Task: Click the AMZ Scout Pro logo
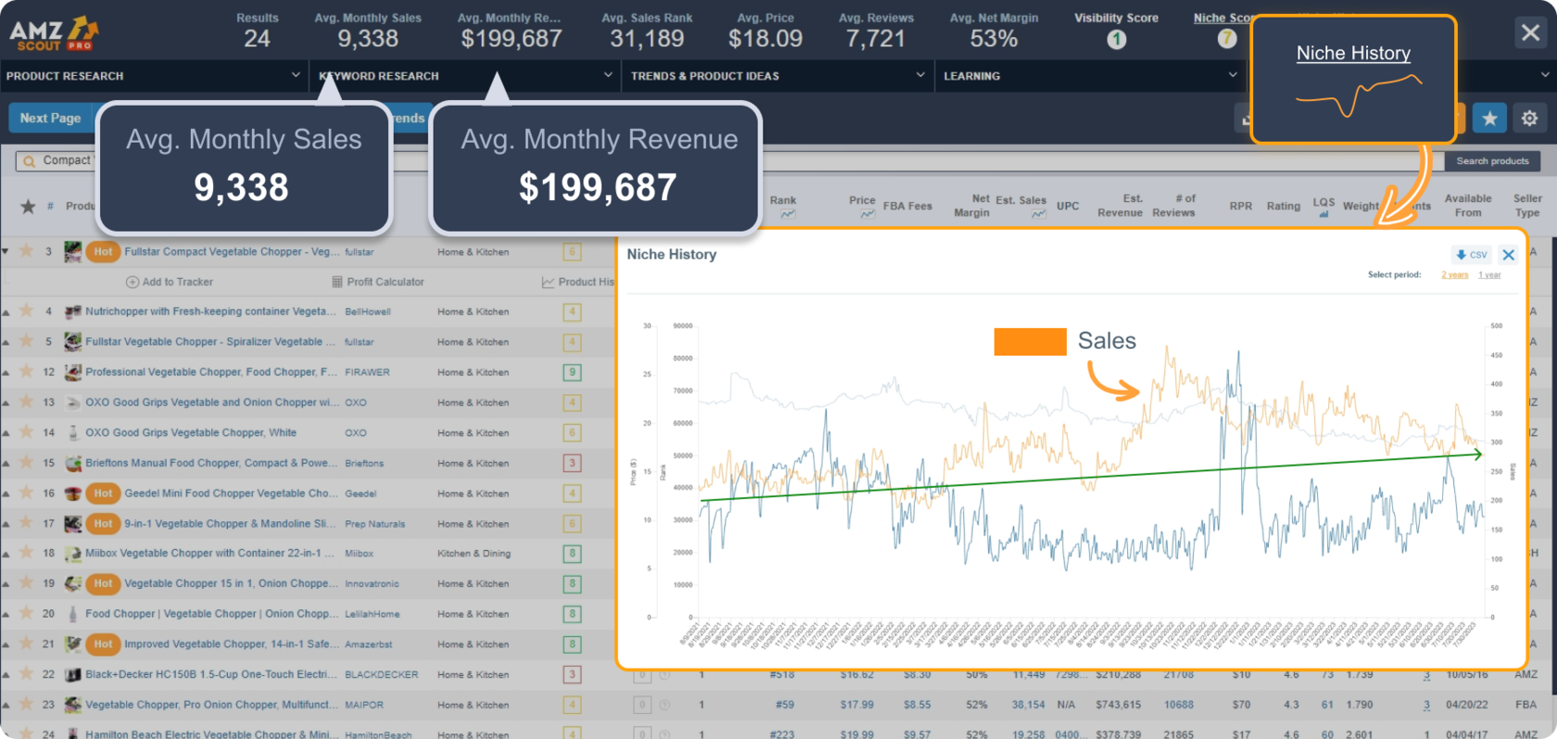pyautogui.click(x=54, y=33)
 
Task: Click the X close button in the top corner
pyautogui.click(x=1530, y=33)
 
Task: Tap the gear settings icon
pyautogui.click(x=1529, y=118)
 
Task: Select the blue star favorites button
pyautogui.click(x=1489, y=118)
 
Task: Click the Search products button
pyautogui.click(x=1492, y=161)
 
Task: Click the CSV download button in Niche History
pyautogui.click(x=1471, y=255)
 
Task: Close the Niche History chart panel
pyautogui.click(x=1509, y=255)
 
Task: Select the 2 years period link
pyautogui.click(x=1454, y=275)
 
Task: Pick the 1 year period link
pyautogui.click(x=1489, y=275)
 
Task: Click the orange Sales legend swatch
pyautogui.click(x=1030, y=341)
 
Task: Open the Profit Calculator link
pyautogui.click(x=378, y=282)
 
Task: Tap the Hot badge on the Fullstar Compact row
pyautogui.click(x=103, y=251)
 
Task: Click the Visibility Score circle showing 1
pyautogui.click(x=1116, y=39)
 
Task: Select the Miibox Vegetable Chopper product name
pyautogui.click(x=203, y=554)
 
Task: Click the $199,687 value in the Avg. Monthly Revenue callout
pyautogui.click(x=597, y=187)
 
